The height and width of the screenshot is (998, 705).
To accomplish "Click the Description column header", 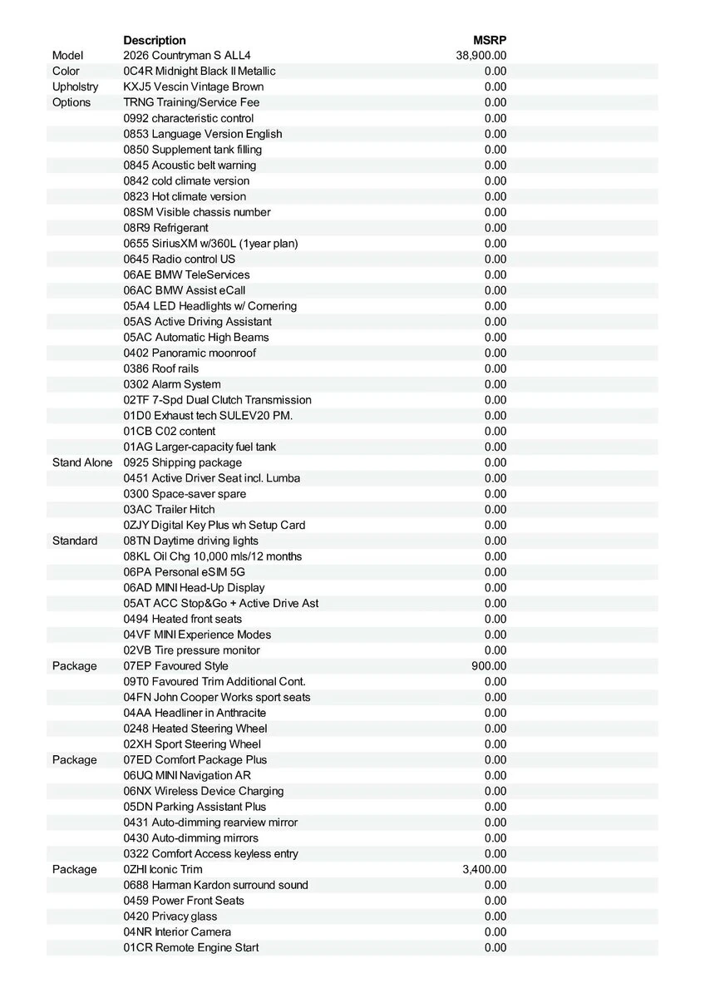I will tap(155, 40).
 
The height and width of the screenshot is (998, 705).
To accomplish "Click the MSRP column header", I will tap(490, 40).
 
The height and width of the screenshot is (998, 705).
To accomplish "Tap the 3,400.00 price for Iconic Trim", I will tap(484, 869).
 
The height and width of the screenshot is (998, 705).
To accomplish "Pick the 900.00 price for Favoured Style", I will tap(489, 666).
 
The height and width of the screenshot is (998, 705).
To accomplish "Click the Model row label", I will tap(68, 56).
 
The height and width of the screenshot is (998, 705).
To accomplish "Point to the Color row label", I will tap(66, 72).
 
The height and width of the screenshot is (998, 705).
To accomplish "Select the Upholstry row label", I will tap(75, 86).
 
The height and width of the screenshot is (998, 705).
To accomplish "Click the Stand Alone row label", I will tap(82, 462).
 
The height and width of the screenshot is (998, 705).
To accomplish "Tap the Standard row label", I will tap(75, 541).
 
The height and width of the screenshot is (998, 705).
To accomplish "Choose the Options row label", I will tap(71, 102).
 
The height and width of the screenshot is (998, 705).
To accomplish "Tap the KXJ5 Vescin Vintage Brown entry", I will tap(194, 86).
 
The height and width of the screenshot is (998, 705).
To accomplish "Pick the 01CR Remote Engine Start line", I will tap(191, 947).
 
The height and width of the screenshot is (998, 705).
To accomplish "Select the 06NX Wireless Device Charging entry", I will tap(204, 791).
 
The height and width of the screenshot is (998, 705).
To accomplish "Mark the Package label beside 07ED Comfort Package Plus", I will tap(75, 760).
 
